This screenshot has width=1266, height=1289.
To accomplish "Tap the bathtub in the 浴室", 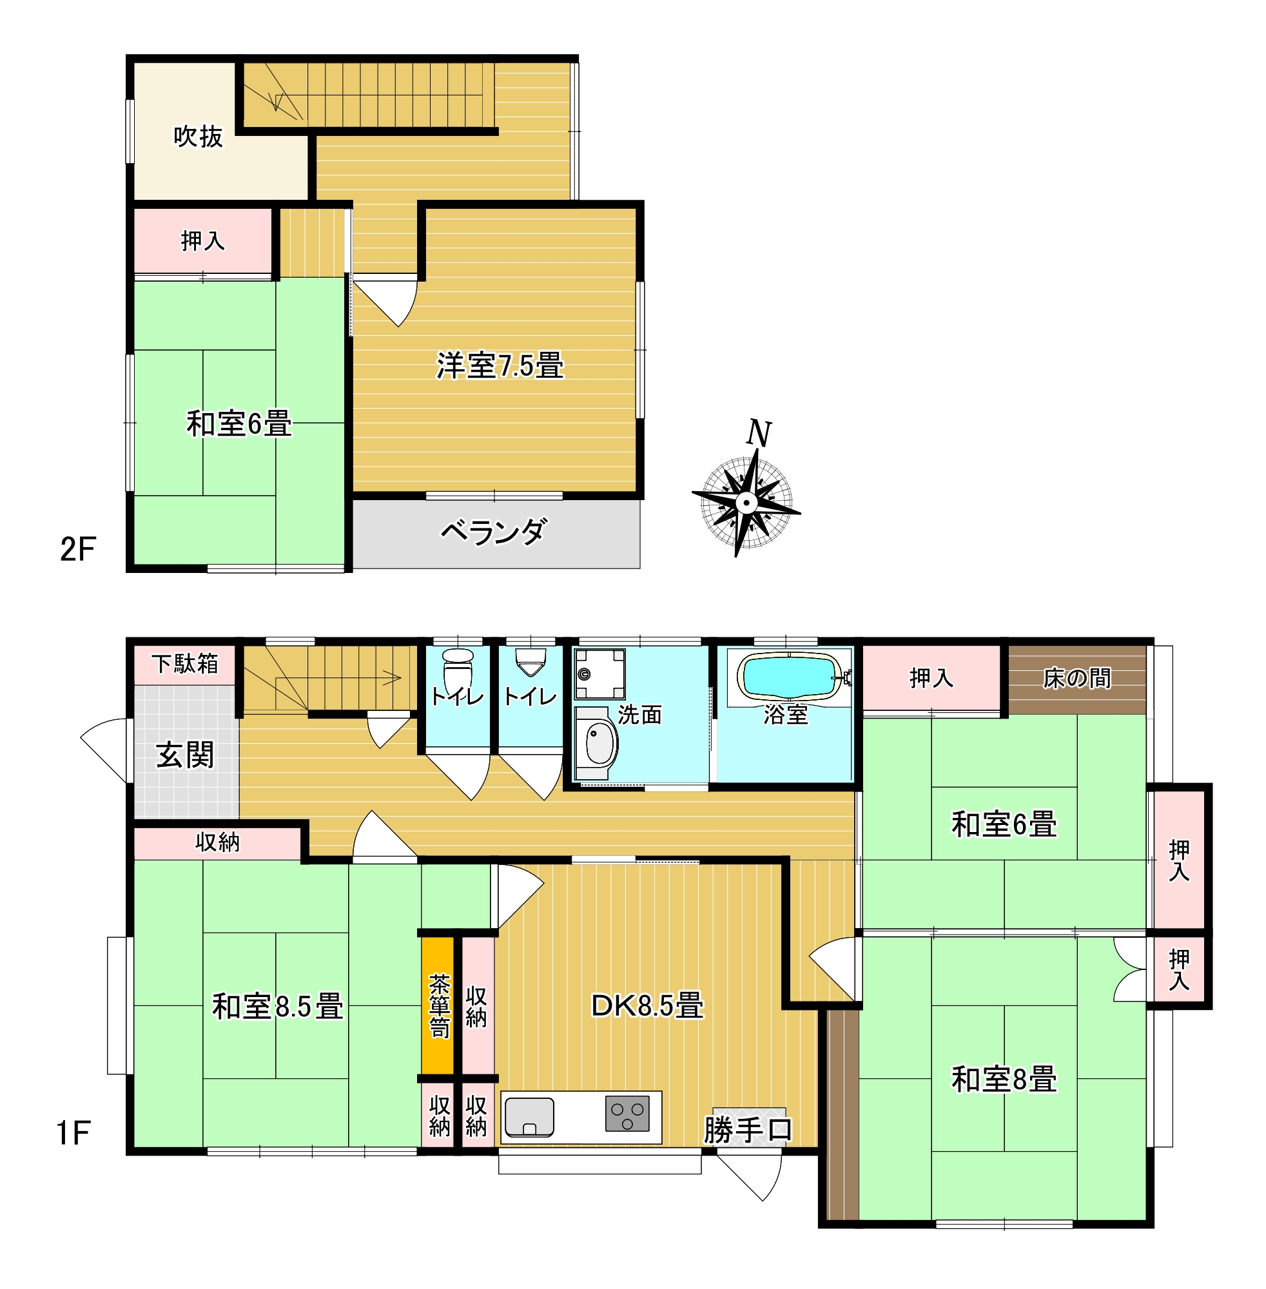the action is [x=788, y=676].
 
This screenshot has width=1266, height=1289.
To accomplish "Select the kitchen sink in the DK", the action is [x=529, y=1117].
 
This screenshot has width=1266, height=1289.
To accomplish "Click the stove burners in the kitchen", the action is [x=627, y=1114].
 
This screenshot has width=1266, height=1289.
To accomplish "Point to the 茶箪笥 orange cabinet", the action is [x=438, y=1006].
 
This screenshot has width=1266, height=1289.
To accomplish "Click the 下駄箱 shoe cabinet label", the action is [x=185, y=663].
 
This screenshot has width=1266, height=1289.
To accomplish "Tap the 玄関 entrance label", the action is [x=185, y=755].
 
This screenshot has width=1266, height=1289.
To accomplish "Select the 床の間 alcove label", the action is [x=1077, y=678].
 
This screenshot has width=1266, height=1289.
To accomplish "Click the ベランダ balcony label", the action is [x=494, y=531].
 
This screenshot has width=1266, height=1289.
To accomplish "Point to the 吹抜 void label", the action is [x=198, y=136].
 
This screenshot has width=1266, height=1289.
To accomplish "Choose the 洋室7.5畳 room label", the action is [x=500, y=365].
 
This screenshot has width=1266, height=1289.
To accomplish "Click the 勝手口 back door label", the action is [x=748, y=1129].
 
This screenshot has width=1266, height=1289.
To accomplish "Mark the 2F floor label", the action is [x=78, y=549].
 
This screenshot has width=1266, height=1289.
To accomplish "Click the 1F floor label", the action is [x=73, y=1134].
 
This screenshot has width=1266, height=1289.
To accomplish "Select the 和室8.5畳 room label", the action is [x=278, y=1006].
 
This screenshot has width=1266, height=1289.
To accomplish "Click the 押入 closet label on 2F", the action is [x=203, y=240].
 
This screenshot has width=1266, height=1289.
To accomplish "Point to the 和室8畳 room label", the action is [x=1004, y=1079].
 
